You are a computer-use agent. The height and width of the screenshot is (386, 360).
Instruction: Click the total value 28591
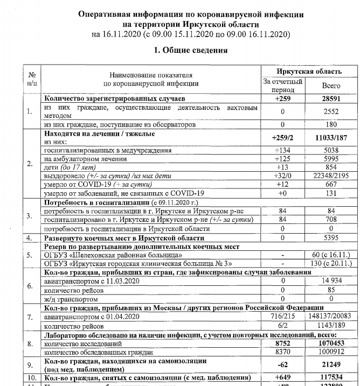[x=331, y=99]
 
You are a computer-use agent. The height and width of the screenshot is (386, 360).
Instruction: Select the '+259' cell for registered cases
[x=282, y=99]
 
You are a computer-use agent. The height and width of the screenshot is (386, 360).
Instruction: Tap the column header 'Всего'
[x=331, y=86]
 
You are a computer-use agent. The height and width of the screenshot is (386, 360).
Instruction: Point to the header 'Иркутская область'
[x=309, y=72]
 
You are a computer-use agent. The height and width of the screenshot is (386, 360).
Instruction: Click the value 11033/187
[x=331, y=137]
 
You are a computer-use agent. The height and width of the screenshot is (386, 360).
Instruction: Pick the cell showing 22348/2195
[x=331, y=176]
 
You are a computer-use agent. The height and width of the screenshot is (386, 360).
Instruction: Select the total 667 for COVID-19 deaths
[x=331, y=185]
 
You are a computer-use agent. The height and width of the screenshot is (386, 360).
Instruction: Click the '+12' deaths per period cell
[x=282, y=185]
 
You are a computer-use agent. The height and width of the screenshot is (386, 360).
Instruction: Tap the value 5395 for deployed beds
[x=331, y=237]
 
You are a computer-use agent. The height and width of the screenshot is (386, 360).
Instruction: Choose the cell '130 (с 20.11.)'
[x=331, y=263]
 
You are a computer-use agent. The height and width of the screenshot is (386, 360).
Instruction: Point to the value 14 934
[x=331, y=281]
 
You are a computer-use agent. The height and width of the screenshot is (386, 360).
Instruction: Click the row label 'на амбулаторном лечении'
[x=85, y=159]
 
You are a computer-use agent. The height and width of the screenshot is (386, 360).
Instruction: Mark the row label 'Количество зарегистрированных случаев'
[x=115, y=99]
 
